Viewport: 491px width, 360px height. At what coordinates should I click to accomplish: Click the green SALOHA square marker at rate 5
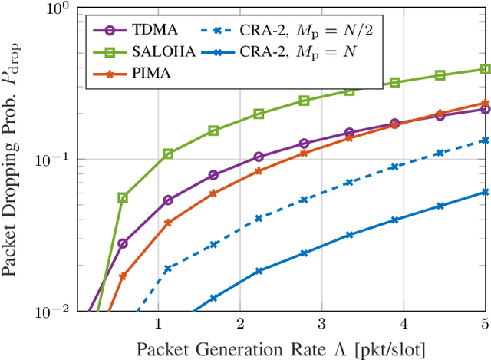[485, 69]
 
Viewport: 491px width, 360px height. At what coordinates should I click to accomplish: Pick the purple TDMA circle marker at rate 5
[485, 110]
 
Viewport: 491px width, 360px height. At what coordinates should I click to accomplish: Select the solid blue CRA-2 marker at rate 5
[485, 192]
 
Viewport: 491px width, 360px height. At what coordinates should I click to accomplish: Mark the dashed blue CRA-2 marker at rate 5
[485, 140]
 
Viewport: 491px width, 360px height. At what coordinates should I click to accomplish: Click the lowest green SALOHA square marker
[123, 197]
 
